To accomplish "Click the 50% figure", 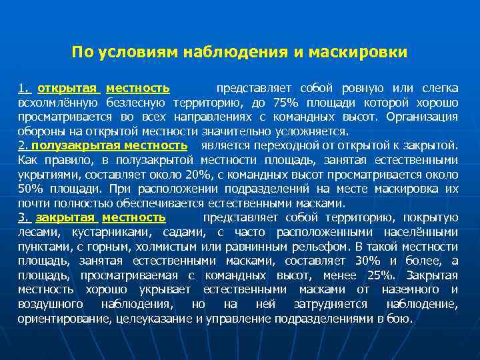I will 30,189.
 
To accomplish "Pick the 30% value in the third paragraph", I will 367,261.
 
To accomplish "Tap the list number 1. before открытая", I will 25,88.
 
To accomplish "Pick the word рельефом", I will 314,247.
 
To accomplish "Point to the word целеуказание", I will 157,319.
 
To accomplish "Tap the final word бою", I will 402,319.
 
